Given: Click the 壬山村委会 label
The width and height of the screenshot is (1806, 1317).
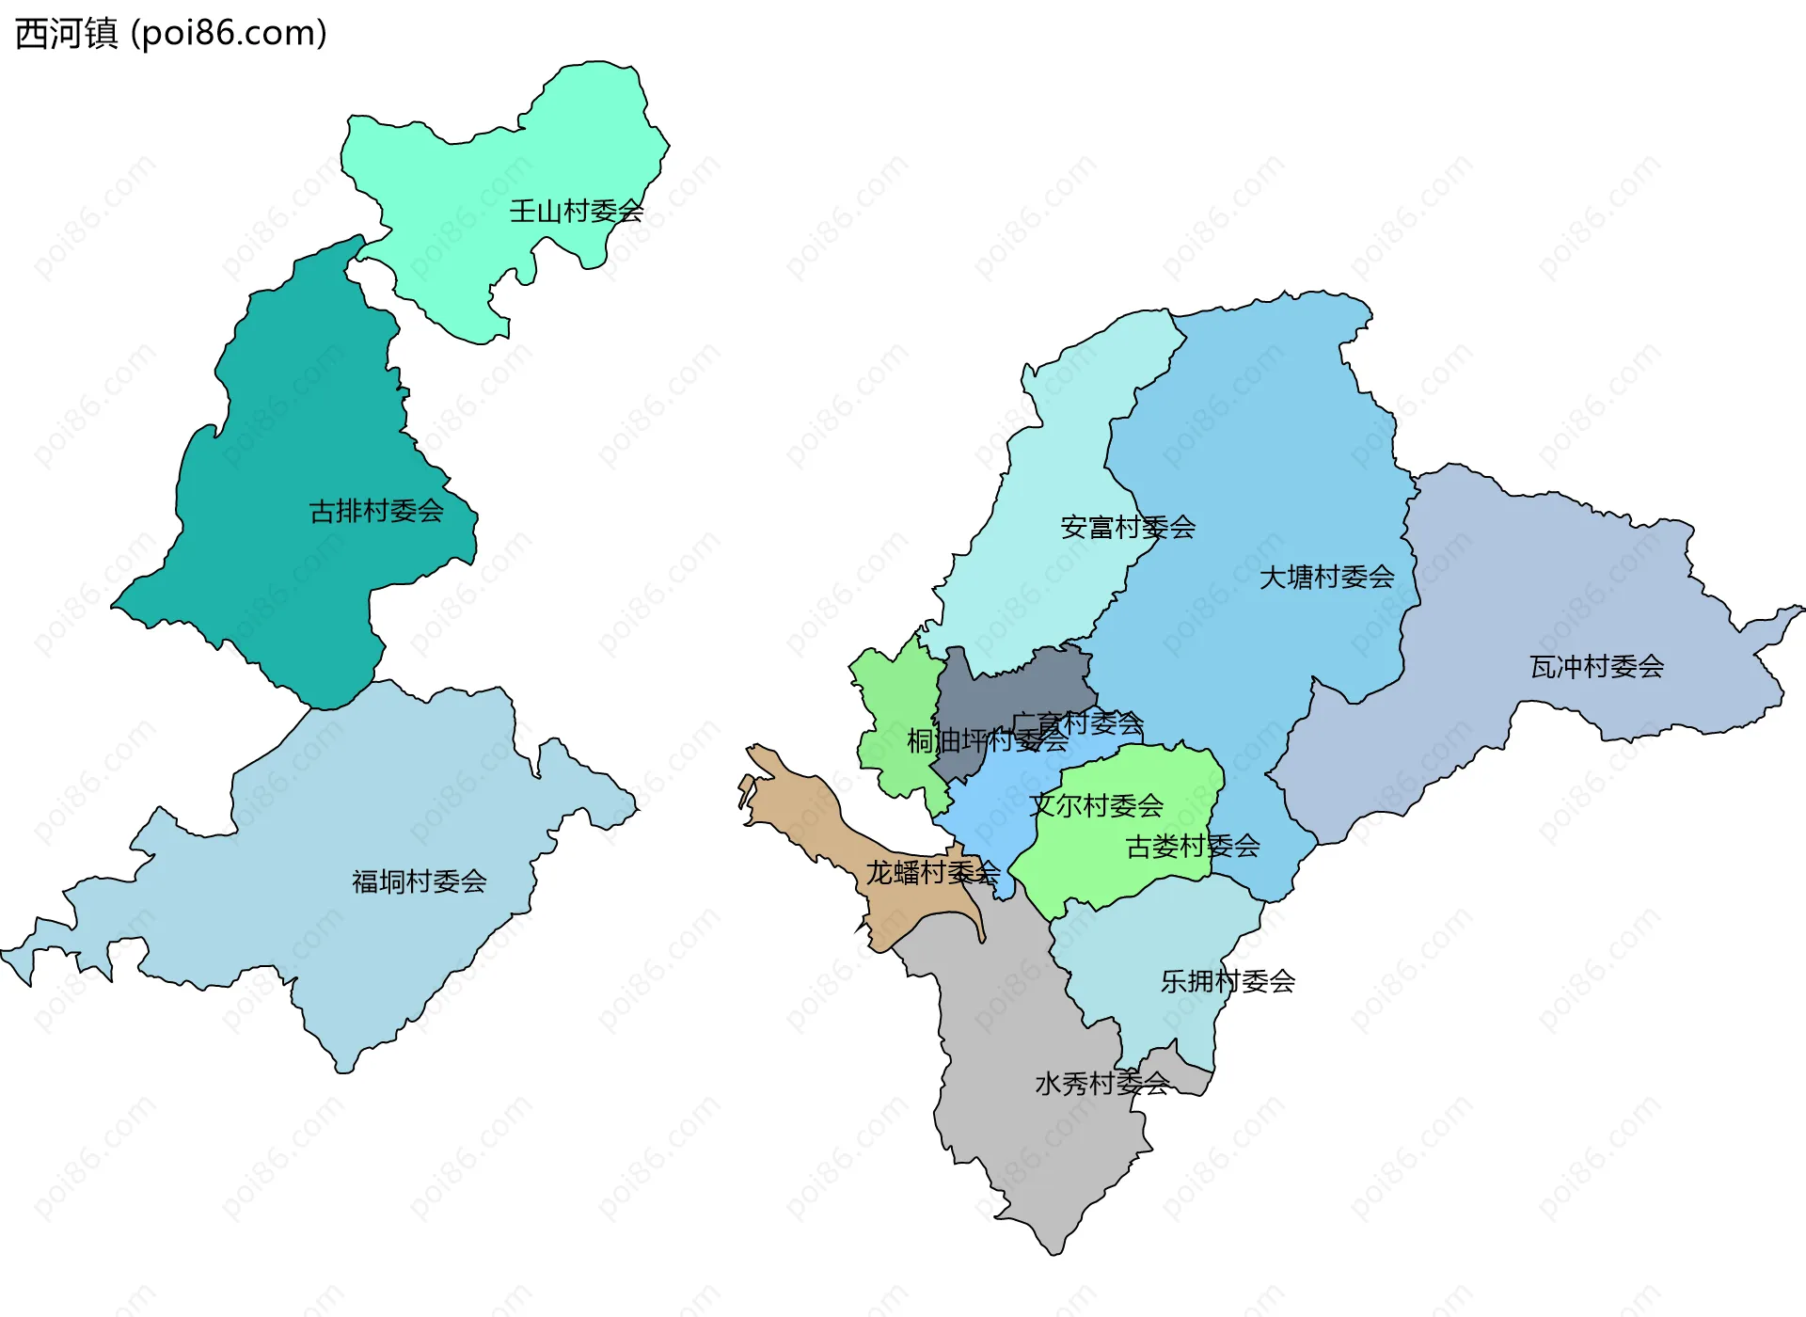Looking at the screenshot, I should (x=577, y=211).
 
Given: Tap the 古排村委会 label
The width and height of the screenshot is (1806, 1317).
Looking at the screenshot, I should (x=376, y=511).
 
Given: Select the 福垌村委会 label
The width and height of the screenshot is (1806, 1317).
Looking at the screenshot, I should (x=419, y=881).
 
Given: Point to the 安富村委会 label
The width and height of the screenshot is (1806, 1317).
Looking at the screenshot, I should (x=1128, y=527).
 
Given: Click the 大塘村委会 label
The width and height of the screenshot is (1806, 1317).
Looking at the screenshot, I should (x=1326, y=577).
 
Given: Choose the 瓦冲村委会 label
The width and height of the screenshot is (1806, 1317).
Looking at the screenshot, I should (x=1596, y=667).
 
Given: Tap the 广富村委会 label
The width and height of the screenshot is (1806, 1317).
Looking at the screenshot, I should (x=1078, y=723).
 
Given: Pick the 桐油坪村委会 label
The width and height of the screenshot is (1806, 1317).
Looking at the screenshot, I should (x=987, y=741).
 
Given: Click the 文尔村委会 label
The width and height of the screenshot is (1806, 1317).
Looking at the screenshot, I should (x=1096, y=805).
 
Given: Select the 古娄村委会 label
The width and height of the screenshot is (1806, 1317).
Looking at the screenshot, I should (x=1193, y=847).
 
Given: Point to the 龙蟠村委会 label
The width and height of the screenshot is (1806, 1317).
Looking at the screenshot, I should (x=932, y=872).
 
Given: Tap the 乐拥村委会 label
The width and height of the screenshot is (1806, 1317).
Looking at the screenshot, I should (x=1228, y=981).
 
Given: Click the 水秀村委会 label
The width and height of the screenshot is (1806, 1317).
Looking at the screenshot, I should (x=1101, y=1084).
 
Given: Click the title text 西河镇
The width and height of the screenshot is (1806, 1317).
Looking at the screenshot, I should (x=67, y=33).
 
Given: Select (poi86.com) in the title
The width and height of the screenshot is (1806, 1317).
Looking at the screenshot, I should (x=229, y=33).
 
